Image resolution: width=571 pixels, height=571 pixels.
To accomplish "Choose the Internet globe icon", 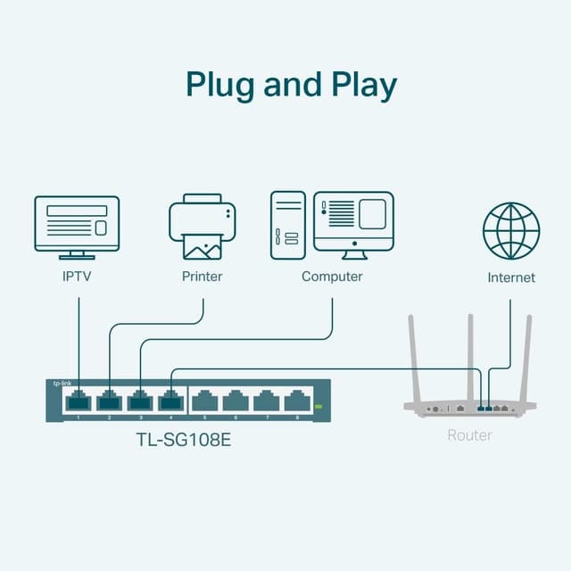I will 511,231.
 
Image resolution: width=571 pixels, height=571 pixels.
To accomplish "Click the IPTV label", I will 77,277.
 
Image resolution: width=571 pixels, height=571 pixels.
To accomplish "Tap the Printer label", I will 203,277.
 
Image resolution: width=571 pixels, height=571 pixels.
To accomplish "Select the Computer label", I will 332,277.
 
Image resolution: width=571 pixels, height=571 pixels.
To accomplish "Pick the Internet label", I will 511,277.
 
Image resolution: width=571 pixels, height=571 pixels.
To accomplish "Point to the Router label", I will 469,435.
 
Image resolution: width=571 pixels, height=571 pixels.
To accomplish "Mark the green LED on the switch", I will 317,407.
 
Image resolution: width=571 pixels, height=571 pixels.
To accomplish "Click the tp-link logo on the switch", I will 65,382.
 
